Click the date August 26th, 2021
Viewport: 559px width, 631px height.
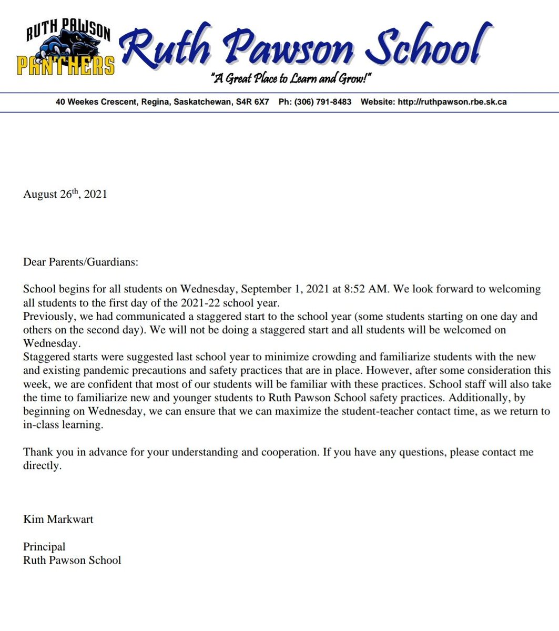65,194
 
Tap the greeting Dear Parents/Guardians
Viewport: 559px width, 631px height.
80,262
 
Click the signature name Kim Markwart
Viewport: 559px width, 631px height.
58,520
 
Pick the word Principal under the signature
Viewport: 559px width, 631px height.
44,547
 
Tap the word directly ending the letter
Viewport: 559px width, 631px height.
42,466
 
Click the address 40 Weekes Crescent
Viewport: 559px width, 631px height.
95,102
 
